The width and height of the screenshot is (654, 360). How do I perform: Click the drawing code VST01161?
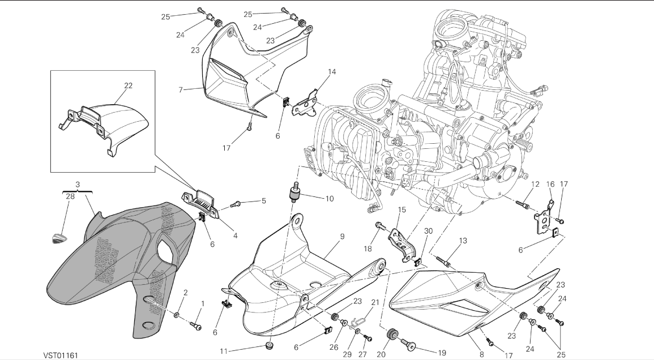61,355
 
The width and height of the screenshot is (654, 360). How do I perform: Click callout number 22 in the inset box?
129,85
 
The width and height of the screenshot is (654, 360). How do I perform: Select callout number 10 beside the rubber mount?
329,199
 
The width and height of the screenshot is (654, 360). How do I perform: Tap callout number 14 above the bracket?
332,72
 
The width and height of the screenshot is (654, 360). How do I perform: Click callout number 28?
70,196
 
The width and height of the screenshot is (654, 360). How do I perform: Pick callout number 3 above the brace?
78,184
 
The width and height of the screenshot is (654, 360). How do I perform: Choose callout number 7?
181,90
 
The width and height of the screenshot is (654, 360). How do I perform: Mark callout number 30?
428,231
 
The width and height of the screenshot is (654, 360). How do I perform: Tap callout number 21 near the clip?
374,302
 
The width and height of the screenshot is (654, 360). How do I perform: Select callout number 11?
224,351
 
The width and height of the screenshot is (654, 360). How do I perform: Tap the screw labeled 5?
237,203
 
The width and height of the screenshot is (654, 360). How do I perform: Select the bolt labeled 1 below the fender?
196,325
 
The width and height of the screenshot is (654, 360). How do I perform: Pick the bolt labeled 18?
377,226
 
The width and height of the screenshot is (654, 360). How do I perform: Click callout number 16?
550,184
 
